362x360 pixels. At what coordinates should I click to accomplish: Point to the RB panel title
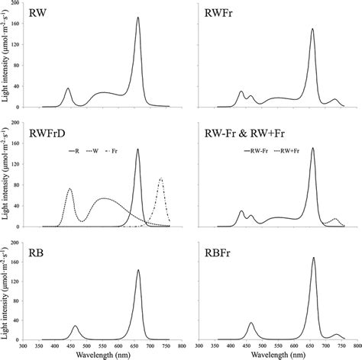click(x=35, y=254)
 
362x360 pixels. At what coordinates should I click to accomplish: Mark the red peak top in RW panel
click(x=137, y=18)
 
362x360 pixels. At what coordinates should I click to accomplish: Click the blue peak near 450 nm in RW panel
click(x=68, y=88)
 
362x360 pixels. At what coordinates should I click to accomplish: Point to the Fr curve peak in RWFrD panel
click(x=161, y=178)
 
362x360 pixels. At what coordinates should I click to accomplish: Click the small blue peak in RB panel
click(x=75, y=326)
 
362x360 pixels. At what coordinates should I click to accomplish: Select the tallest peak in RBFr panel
click(x=313, y=258)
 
